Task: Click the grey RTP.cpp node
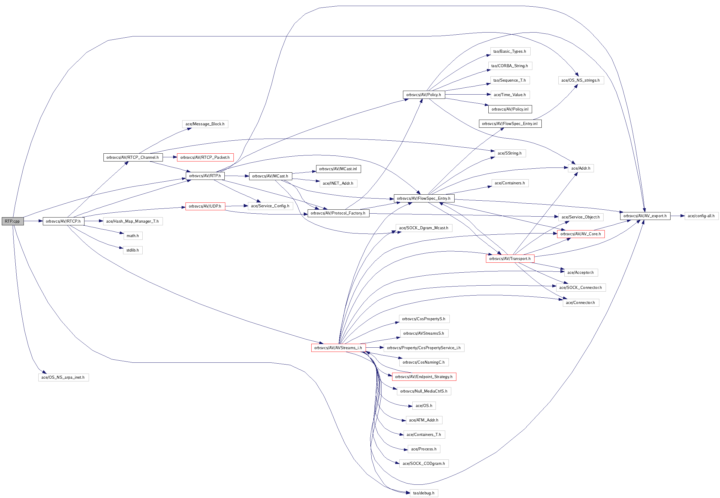pos(12,221)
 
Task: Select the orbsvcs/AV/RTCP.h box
pos(63,221)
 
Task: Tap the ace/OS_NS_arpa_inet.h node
pos(63,377)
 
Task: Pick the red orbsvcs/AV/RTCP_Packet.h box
pos(205,157)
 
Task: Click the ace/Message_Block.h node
pos(205,124)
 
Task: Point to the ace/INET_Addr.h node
pos(338,183)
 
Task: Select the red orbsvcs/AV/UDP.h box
pos(205,206)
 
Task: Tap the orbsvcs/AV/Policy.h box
pos(423,95)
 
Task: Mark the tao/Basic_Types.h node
pos(510,51)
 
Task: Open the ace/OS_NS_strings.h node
pos(581,80)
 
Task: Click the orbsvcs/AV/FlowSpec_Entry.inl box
pos(510,124)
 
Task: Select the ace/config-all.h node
pos(701,216)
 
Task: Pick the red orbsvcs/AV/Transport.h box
pos(510,258)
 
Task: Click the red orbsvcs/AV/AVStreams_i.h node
pos(338,348)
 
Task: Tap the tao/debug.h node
pos(423,493)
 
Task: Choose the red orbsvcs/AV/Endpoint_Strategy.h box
pos(423,377)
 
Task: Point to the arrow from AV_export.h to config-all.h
pos(677,216)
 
